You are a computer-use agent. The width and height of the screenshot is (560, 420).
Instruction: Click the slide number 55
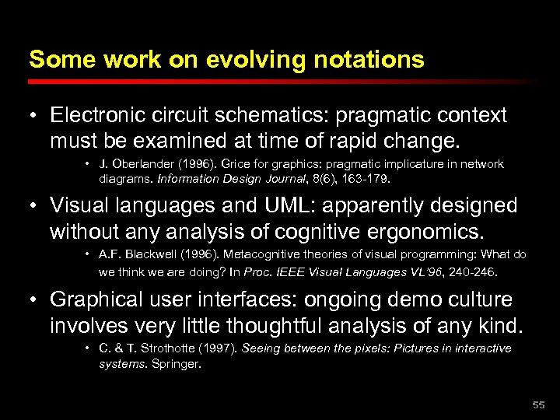click(538, 405)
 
